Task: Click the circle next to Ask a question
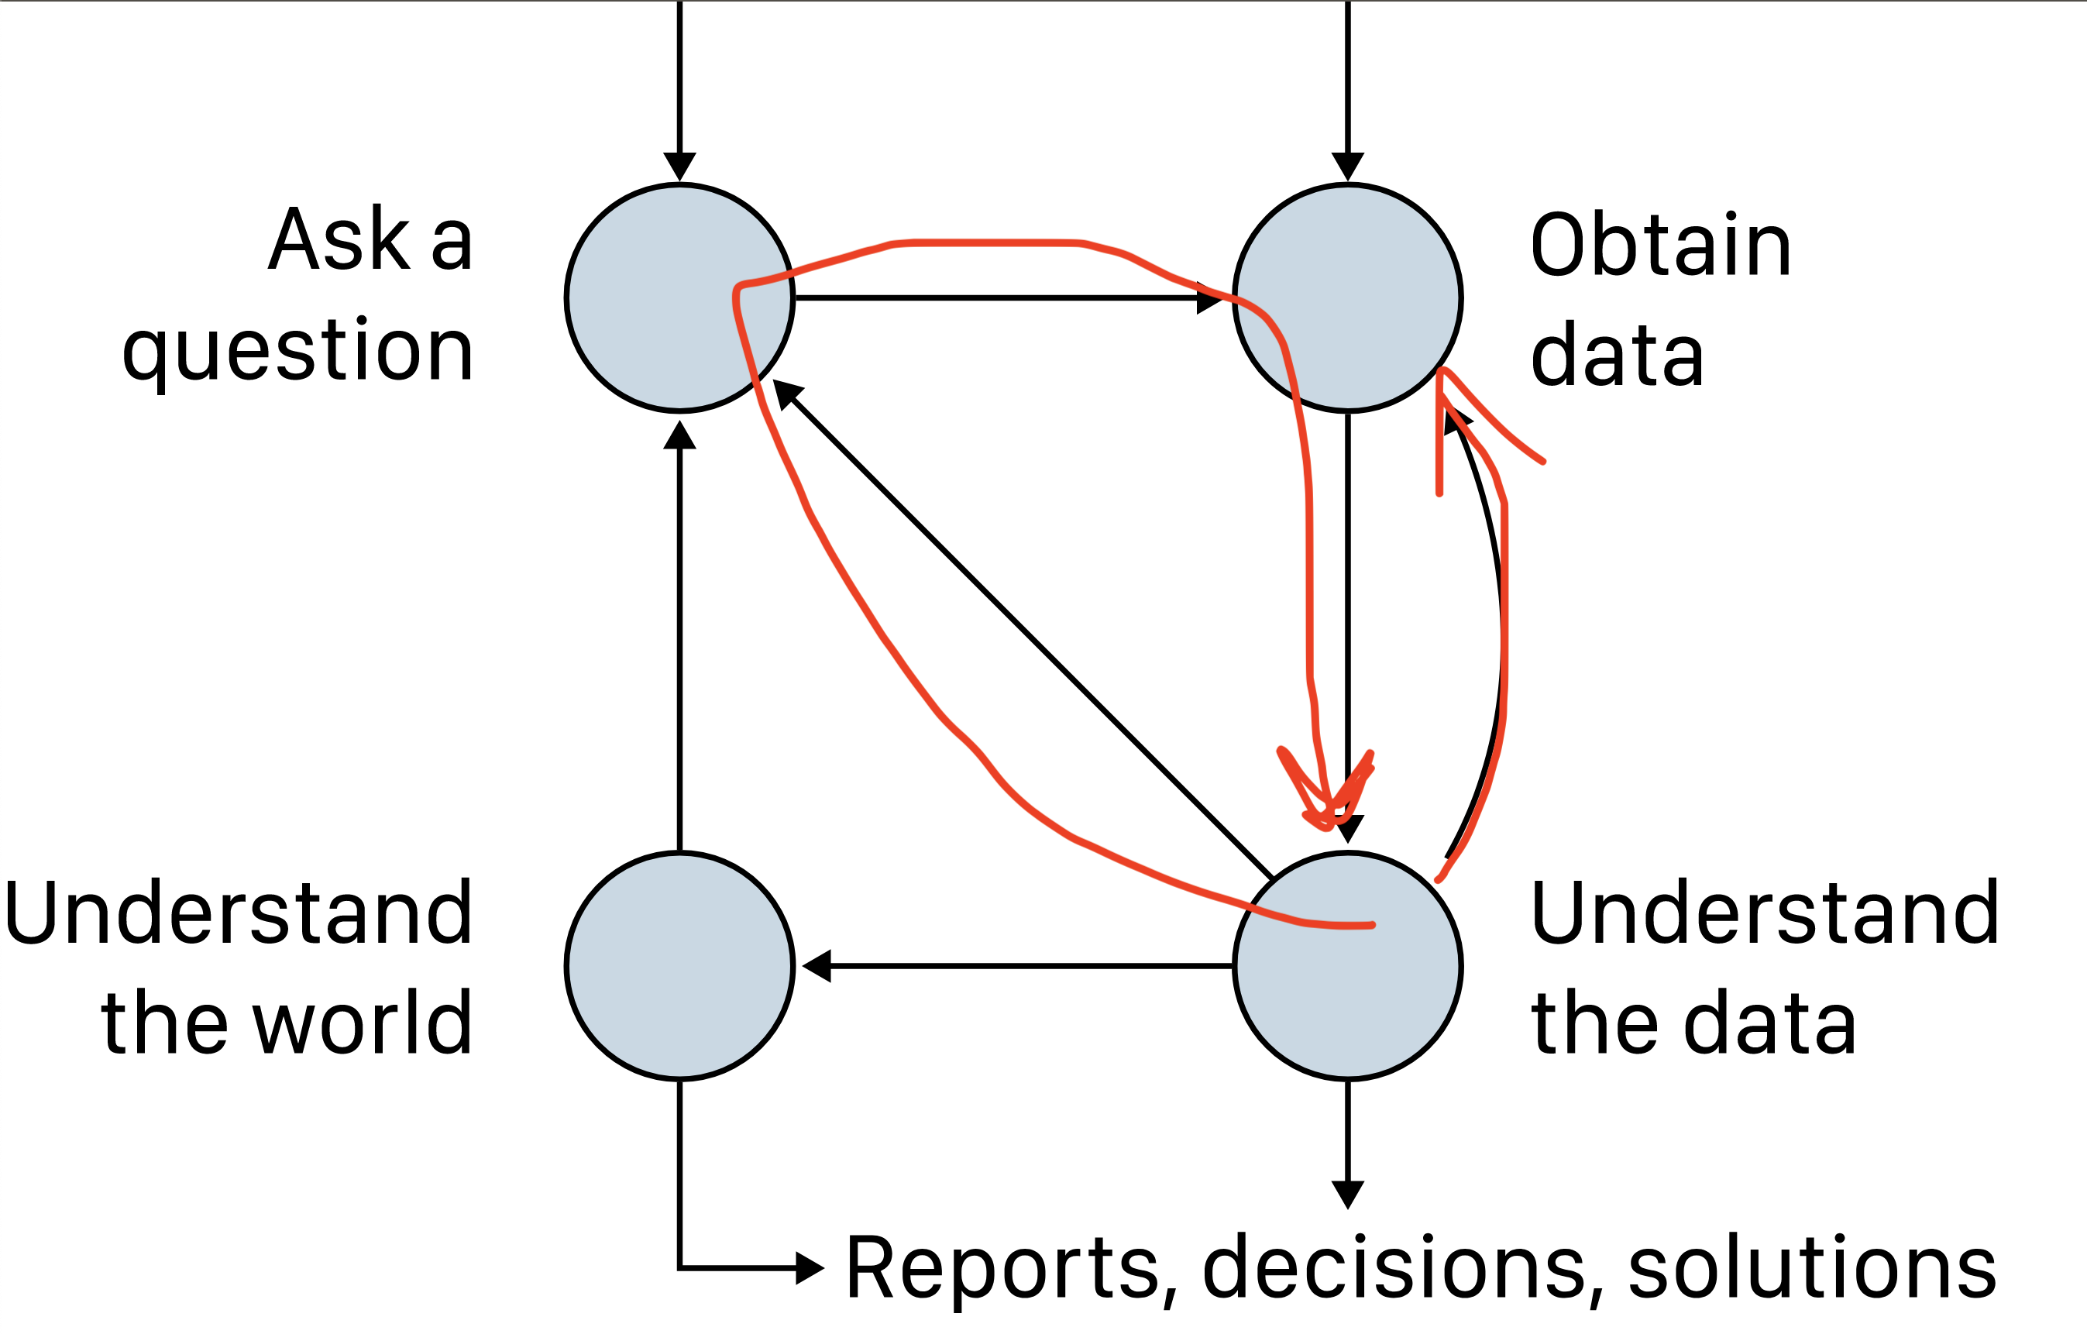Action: pos(679,297)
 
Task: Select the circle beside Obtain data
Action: pos(1348,297)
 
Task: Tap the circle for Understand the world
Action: pos(679,965)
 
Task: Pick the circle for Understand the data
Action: pos(1348,965)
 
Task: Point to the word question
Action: pos(297,351)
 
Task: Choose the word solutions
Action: pos(1811,1268)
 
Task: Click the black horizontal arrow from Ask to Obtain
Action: pos(997,297)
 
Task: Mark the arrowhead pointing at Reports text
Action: pos(810,1267)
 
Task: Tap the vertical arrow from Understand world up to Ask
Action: pos(679,641)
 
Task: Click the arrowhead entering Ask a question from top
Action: pos(679,166)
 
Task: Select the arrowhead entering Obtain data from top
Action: pos(1348,166)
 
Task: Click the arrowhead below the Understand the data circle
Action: pos(1348,1194)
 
